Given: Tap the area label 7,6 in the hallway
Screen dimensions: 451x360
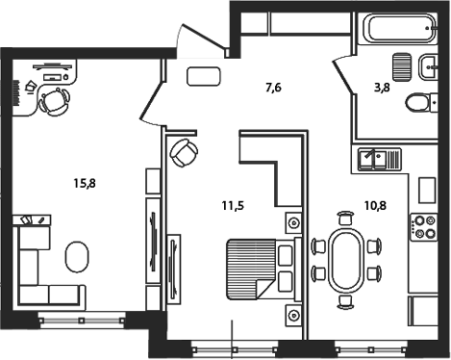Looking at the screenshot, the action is point(273,90).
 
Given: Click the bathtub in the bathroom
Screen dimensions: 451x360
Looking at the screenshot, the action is point(396,32).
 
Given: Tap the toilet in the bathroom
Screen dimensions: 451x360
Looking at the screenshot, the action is point(420,104).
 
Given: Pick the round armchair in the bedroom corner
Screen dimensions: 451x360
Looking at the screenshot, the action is point(184,152).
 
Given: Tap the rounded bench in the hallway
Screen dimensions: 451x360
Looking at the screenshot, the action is point(203,77).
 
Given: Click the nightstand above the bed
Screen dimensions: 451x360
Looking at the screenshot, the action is point(290,223).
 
